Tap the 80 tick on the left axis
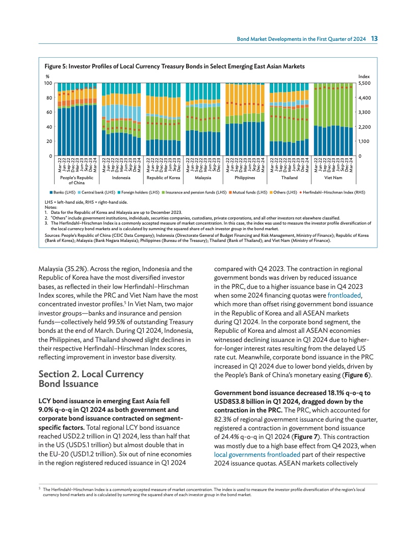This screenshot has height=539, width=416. tap(48, 97)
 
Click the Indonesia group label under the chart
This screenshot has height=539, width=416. tap(121, 178)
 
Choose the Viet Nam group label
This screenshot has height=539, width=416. tap(334, 178)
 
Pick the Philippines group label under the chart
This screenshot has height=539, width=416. tap(245, 178)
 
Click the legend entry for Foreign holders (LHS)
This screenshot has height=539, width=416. tap(138, 192)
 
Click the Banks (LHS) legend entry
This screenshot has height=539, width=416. tap(62, 192)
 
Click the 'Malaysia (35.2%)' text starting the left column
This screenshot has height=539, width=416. tap(61, 268)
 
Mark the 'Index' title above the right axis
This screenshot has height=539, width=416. tap(364, 76)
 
